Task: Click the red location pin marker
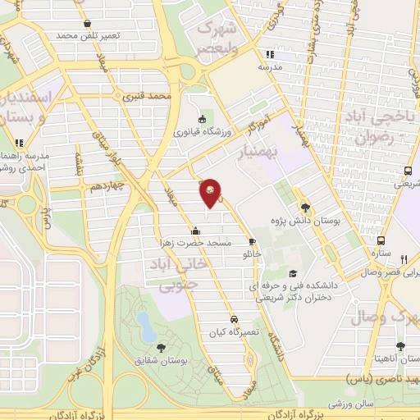[211, 193]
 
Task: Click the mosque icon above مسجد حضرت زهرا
[194, 231]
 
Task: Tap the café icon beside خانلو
[253, 242]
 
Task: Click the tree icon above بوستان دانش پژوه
[306, 208]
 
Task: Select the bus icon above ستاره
[381, 241]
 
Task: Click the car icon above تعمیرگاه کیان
[234, 318]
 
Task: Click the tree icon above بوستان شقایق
[160, 348]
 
